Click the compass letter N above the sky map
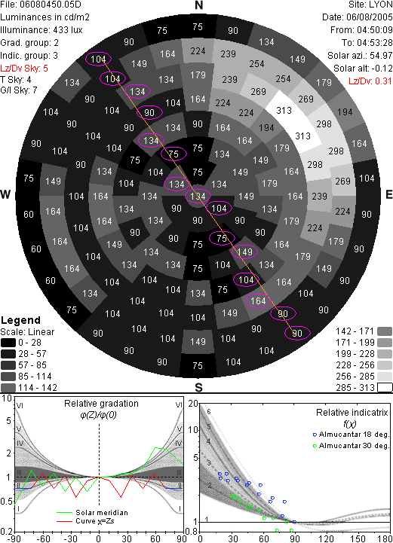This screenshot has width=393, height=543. (198, 5)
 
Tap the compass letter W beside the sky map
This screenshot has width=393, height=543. (5, 194)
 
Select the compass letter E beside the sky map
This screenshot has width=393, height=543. (388, 194)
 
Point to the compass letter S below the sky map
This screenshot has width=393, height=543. (198, 388)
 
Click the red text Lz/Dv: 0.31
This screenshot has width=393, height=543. (370, 81)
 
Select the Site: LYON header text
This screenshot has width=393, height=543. (370, 5)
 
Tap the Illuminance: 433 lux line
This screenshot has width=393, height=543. (41, 30)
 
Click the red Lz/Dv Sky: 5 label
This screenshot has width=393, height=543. (24, 69)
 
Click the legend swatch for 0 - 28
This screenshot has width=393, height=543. (8, 343)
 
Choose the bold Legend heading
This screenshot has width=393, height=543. (21, 320)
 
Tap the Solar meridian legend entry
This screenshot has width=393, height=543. (92, 513)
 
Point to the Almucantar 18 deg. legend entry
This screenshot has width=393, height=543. (351, 435)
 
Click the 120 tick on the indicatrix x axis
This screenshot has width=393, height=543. (327, 538)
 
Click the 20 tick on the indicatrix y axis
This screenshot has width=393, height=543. (193, 404)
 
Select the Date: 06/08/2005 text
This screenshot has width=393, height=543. (358, 17)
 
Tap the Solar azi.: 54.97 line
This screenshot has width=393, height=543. (360, 56)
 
